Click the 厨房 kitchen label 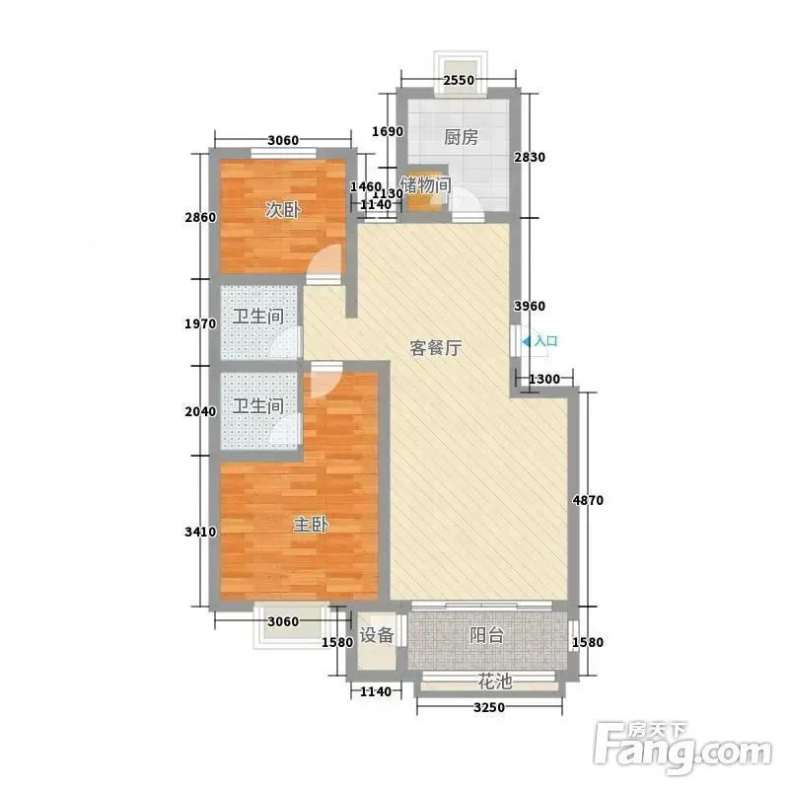(x=461, y=137)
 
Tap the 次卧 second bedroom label (x=283, y=210)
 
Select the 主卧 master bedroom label (x=311, y=525)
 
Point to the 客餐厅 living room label (x=436, y=348)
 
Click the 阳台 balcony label (x=486, y=635)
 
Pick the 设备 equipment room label (x=377, y=634)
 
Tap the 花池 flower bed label (x=495, y=681)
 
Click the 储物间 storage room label (x=426, y=185)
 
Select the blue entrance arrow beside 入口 (x=527, y=341)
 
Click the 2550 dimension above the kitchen (x=459, y=80)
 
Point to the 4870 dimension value (x=588, y=500)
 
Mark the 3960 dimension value (x=530, y=306)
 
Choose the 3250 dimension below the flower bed (x=489, y=707)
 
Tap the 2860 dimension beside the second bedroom (x=200, y=217)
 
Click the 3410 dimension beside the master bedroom (x=200, y=532)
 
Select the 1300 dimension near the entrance (x=544, y=379)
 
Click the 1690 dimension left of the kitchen (x=388, y=131)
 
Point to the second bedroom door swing (x=324, y=262)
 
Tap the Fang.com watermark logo (x=682, y=748)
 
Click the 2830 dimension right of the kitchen (x=530, y=158)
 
